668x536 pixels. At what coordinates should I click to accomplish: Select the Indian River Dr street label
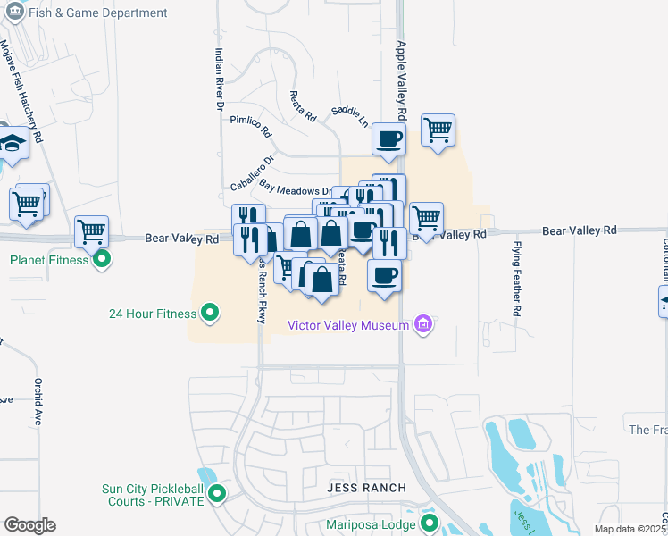click(x=218, y=80)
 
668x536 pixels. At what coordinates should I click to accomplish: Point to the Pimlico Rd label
click(x=251, y=124)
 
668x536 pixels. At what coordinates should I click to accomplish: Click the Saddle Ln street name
click(x=349, y=116)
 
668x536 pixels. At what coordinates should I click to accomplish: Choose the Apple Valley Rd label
click(x=402, y=81)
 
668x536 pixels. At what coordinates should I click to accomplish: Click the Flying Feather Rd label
click(x=516, y=278)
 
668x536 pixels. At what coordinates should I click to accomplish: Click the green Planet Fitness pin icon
click(x=101, y=260)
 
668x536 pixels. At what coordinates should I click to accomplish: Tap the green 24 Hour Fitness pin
click(x=210, y=313)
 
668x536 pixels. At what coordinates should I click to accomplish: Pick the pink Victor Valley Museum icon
click(x=424, y=325)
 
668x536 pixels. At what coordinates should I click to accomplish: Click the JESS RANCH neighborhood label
click(x=365, y=488)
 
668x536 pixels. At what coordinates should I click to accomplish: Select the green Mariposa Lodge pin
click(x=430, y=523)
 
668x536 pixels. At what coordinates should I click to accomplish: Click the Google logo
click(x=29, y=525)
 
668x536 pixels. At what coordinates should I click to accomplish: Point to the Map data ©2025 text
click(x=630, y=529)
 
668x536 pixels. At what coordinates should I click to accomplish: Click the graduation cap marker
click(x=13, y=143)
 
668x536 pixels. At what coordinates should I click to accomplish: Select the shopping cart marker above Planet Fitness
click(x=92, y=232)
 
